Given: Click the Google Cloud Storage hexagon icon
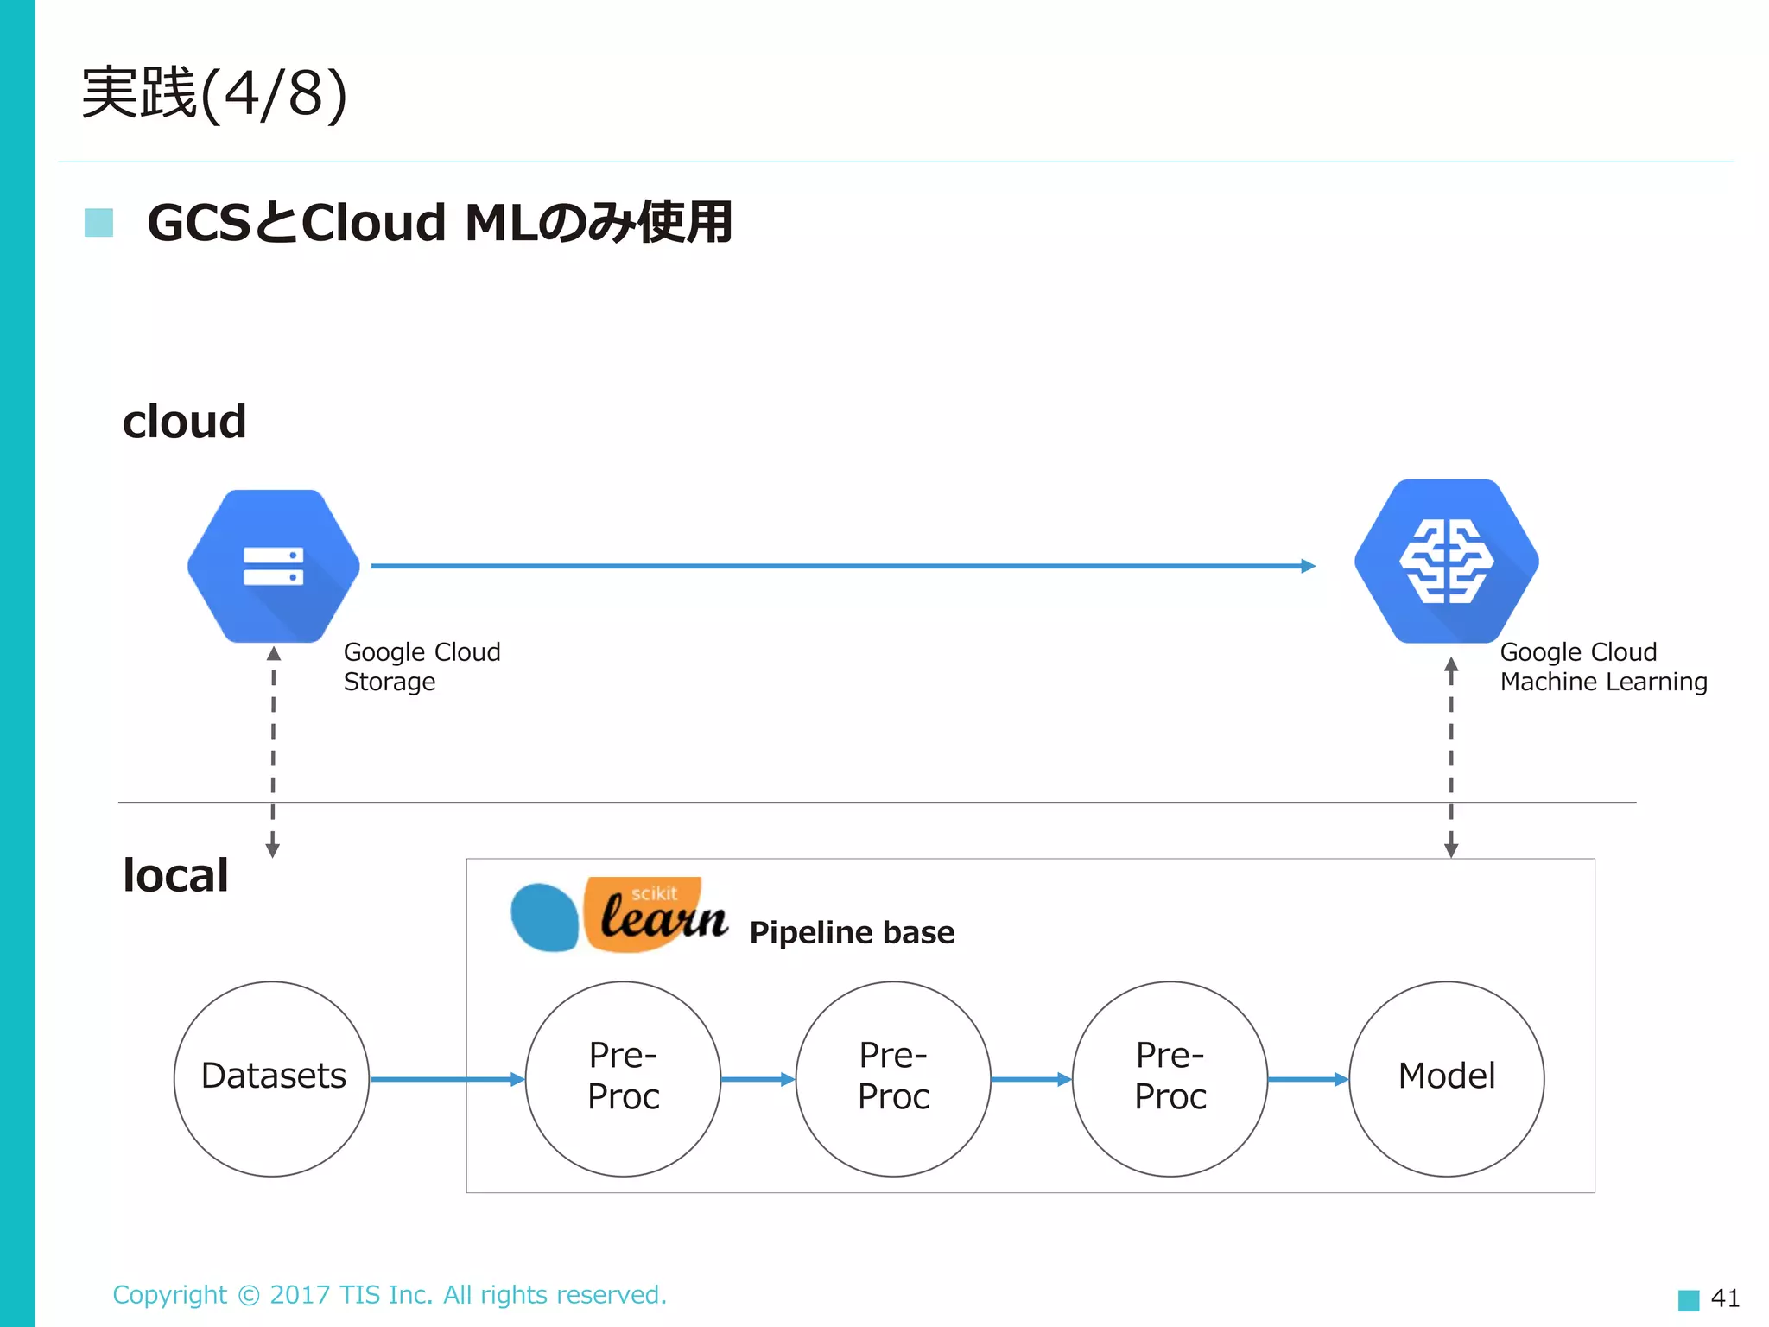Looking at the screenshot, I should (273, 566).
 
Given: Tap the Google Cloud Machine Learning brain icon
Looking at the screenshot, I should (1446, 562).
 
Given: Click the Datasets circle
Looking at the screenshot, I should (272, 1078).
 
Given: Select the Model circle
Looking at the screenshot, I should (1446, 1078).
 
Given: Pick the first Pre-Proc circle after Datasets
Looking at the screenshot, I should (623, 1078).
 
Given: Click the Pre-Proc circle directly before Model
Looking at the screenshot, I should (1170, 1078).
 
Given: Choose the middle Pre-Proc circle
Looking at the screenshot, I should (893, 1078).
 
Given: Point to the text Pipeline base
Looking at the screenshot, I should (852, 933).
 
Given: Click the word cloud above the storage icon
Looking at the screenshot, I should (184, 422).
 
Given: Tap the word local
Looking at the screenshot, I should (175, 875).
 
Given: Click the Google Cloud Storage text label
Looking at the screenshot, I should (422, 666).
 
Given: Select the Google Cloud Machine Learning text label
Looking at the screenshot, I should (1603, 666).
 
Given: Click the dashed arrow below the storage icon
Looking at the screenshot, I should (273, 752).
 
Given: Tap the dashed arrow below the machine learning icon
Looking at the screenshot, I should (1451, 757).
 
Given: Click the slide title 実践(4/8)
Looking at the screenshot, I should (214, 93).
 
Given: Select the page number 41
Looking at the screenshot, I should (1725, 1298).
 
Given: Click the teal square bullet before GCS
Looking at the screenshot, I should (98, 222).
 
